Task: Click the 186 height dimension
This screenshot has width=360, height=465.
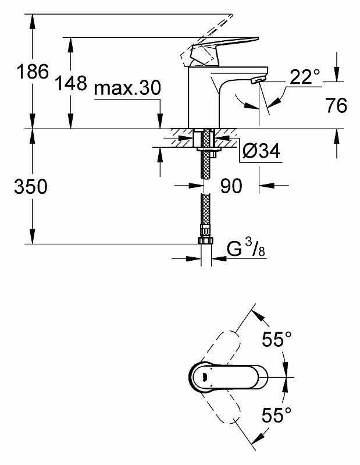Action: (x=33, y=72)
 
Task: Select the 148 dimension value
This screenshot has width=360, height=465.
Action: (x=72, y=83)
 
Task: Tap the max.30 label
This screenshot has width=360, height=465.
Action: (x=127, y=87)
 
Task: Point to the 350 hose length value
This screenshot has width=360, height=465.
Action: (x=31, y=187)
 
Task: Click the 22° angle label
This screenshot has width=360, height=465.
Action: (x=305, y=77)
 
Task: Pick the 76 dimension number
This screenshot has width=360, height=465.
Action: (x=336, y=105)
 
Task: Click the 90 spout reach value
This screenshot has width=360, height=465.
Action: (x=231, y=186)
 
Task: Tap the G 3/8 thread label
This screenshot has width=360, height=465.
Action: (x=246, y=249)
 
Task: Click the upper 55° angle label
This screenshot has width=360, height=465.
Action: (x=277, y=339)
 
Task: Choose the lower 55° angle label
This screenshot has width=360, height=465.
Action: (x=277, y=414)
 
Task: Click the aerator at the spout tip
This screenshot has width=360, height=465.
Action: (x=258, y=80)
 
